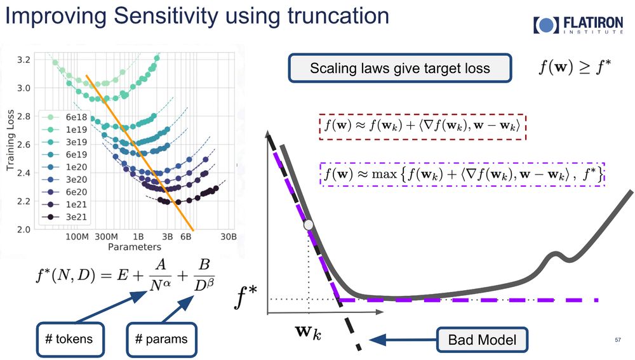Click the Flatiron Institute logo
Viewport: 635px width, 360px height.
coord(578,25)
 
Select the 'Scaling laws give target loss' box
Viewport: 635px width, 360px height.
coord(399,68)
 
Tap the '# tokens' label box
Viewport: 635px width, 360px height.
coord(69,338)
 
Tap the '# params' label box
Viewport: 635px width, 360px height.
coord(161,338)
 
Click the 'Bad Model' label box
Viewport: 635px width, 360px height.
coord(482,340)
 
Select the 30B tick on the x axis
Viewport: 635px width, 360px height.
coord(229,237)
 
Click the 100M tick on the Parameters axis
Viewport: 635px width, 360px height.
coord(76,237)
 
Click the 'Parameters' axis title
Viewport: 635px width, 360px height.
coord(133,246)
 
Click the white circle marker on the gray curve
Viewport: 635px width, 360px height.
coord(309,225)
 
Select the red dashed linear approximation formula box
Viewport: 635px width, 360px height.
coord(422,127)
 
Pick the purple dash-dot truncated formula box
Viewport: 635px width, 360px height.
coord(462,173)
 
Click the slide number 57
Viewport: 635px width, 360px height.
coord(617,340)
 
